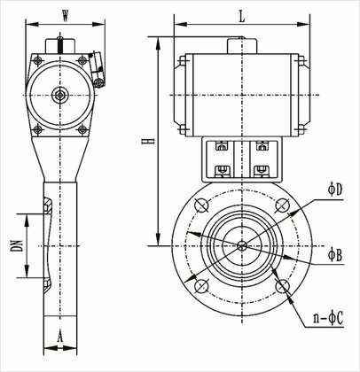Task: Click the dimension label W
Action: pyautogui.click(x=66, y=16)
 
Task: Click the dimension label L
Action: pyautogui.click(x=242, y=17)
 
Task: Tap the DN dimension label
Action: pyautogui.click(x=19, y=245)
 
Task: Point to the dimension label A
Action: pyautogui.click(x=60, y=337)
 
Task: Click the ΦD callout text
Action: pyautogui.click(x=335, y=190)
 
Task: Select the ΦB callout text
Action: pyautogui.click(x=335, y=254)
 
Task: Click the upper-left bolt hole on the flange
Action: pyautogui.click(x=202, y=205)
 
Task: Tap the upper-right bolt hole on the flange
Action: pyautogui.click(x=282, y=205)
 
